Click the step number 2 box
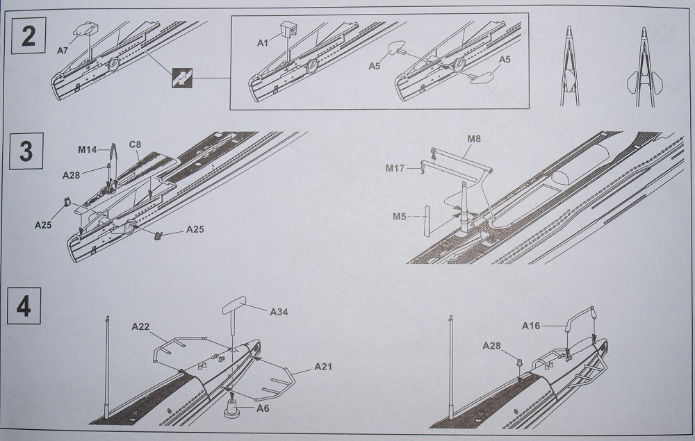coord(28,35)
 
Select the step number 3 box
coord(26,151)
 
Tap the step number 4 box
coord(24,306)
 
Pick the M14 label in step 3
coord(87,149)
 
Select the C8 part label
coord(135,145)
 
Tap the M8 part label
coord(474,140)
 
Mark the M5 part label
coord(399,216)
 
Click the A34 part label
coord(279,312)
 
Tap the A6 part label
coord(262,409)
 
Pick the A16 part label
coord(536,324)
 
